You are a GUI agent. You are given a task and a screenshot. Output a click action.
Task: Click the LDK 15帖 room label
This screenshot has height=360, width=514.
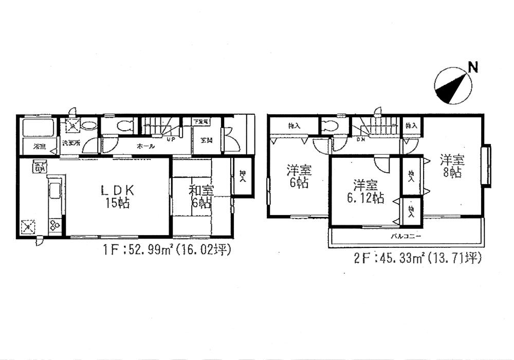pos(117,196)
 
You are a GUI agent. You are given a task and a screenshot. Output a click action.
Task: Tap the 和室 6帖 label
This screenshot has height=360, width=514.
pos(200,196)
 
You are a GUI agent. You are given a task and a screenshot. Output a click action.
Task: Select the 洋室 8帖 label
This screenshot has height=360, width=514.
pos(450,166)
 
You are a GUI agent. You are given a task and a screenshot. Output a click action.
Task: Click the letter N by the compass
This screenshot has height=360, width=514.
pos(472,66)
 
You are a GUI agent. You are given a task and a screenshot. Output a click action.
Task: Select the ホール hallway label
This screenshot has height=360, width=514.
pos(145,147)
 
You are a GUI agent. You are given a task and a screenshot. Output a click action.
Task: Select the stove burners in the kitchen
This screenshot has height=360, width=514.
pos(54,225)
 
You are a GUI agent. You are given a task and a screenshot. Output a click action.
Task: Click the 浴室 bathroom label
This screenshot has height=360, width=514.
pos(39,147)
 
